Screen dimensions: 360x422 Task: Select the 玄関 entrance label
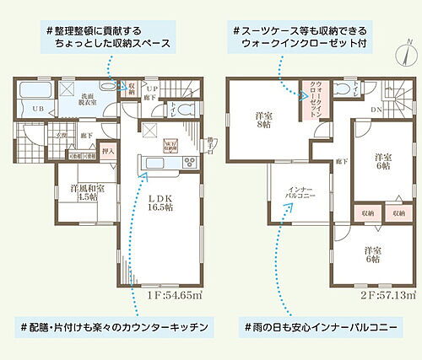pos(39,134)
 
